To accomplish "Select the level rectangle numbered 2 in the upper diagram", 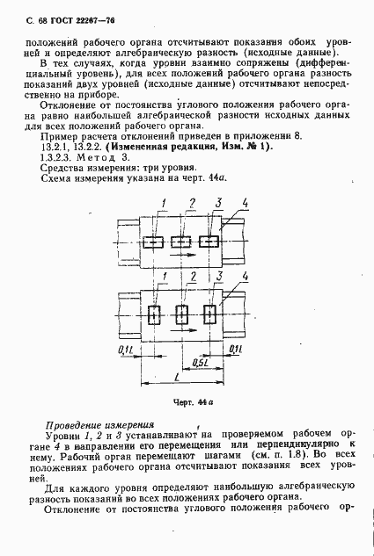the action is (x=182, y=242).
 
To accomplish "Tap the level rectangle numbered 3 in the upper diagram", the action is (x=210, y=242).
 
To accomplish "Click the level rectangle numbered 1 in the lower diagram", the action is (x=153, y=314).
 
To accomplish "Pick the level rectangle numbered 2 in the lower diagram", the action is (x=182, y=314).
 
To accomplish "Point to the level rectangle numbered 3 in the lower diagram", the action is (x=210, y=314).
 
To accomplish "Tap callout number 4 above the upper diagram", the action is (x=246, y=205).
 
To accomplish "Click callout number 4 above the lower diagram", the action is (x=245, y=278).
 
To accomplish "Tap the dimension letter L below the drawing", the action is (x=179, y=378).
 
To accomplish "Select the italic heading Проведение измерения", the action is (x=99, y=422).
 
